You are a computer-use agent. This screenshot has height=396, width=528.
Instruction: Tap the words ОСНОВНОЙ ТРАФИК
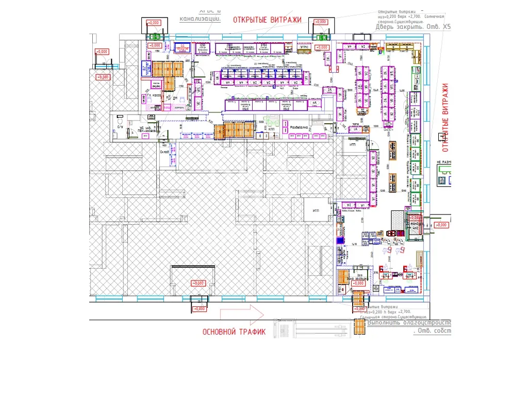click(x=234, y=332)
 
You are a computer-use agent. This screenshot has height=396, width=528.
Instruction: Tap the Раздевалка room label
click(x=300, y=127)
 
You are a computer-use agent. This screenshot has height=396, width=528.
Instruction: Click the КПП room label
click(x=272, y=129)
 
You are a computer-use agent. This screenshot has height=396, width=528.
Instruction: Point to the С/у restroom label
click(x=120, y=127)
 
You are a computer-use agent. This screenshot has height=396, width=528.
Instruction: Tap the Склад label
click(x=164, y=153)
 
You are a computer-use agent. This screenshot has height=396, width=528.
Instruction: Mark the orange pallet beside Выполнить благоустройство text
click(x=360, y=326)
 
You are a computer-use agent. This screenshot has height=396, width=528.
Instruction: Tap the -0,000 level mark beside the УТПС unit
click(x=322, y=47)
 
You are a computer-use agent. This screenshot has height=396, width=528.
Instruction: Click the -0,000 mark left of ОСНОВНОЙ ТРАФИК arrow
click(x=199, y=308)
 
